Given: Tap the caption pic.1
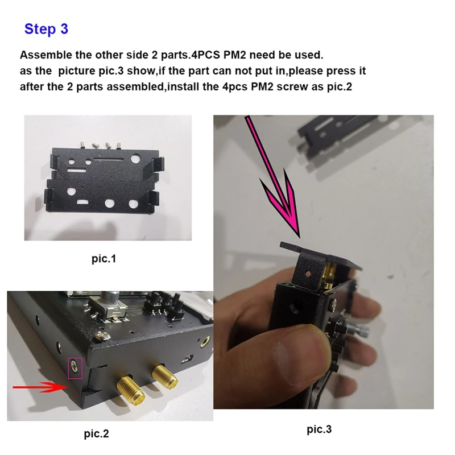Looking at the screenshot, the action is click(x=104, y=259).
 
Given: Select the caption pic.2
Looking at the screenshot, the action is click(x=96, y=434).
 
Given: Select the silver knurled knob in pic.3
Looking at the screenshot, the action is click(x=355, y=330).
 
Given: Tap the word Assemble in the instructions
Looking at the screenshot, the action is click(x=46, y=56).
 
